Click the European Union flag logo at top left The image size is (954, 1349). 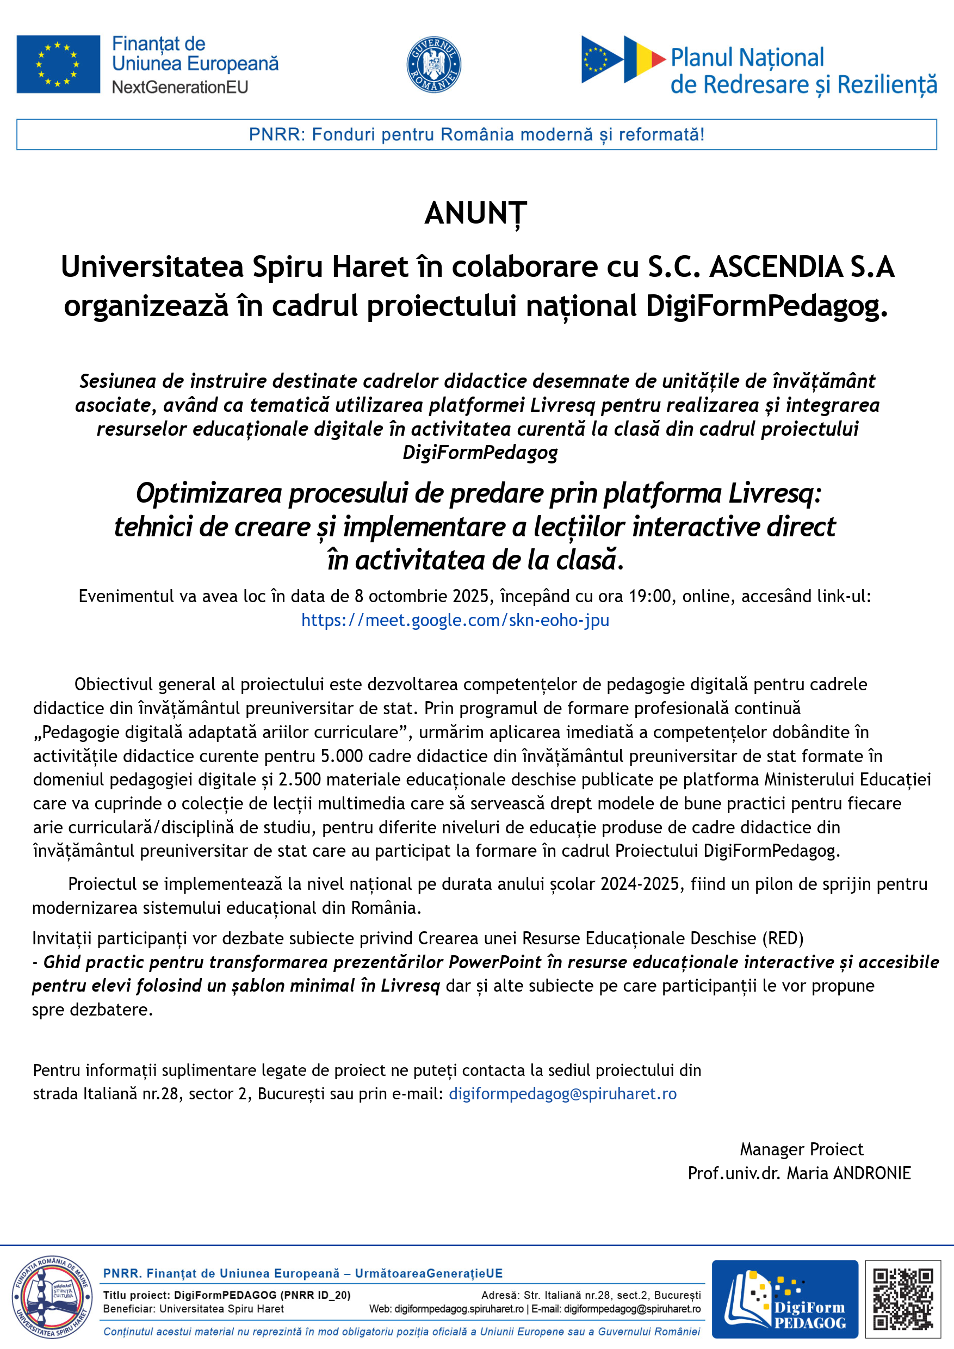click(58, 64)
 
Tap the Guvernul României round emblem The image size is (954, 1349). click(433, 64)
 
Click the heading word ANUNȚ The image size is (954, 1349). click(476, 213)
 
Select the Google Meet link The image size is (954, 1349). click(455, 620)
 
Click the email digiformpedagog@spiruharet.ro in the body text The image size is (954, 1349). click(562, 1093)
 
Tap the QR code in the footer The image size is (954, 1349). click(903, 1299)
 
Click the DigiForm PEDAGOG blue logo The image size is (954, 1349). click(785, 1299)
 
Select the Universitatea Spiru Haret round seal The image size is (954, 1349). click(52, 1299)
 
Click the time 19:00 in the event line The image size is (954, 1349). click(650, 596)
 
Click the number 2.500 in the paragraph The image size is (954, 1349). click(299, 779)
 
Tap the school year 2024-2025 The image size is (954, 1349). click(639, 884)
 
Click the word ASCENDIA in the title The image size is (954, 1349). click(776, 267)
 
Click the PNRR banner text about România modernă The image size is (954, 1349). click(476, 134)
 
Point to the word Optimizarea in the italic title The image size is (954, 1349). click(208, 493)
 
